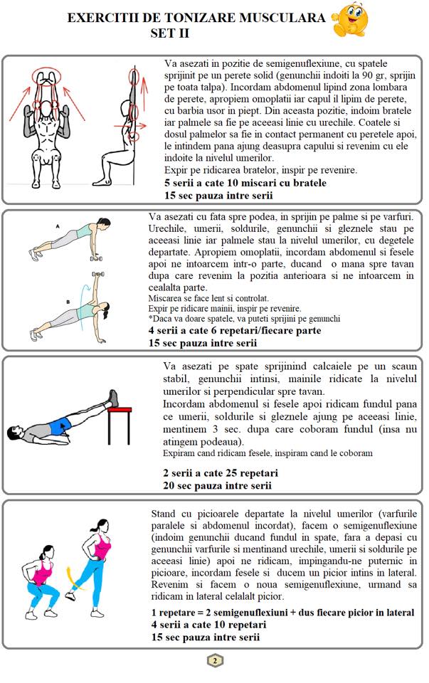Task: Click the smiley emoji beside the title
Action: coord(350,20)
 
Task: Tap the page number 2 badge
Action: coord(214,661)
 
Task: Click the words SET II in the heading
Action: coord(169,33)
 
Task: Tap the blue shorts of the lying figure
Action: coord(59,425)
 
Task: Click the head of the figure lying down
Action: coord(16,432)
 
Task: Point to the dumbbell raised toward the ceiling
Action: coord(98,275)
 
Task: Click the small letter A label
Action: coord(58,226)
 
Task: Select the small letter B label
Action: coord(68,302)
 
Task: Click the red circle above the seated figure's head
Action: coord(46,77)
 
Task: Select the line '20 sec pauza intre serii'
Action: coord(217,485)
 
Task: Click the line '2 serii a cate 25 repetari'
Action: coord(221,473)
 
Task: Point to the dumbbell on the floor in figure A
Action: coord(96,259)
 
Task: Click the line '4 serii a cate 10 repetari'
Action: coord(208,625)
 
